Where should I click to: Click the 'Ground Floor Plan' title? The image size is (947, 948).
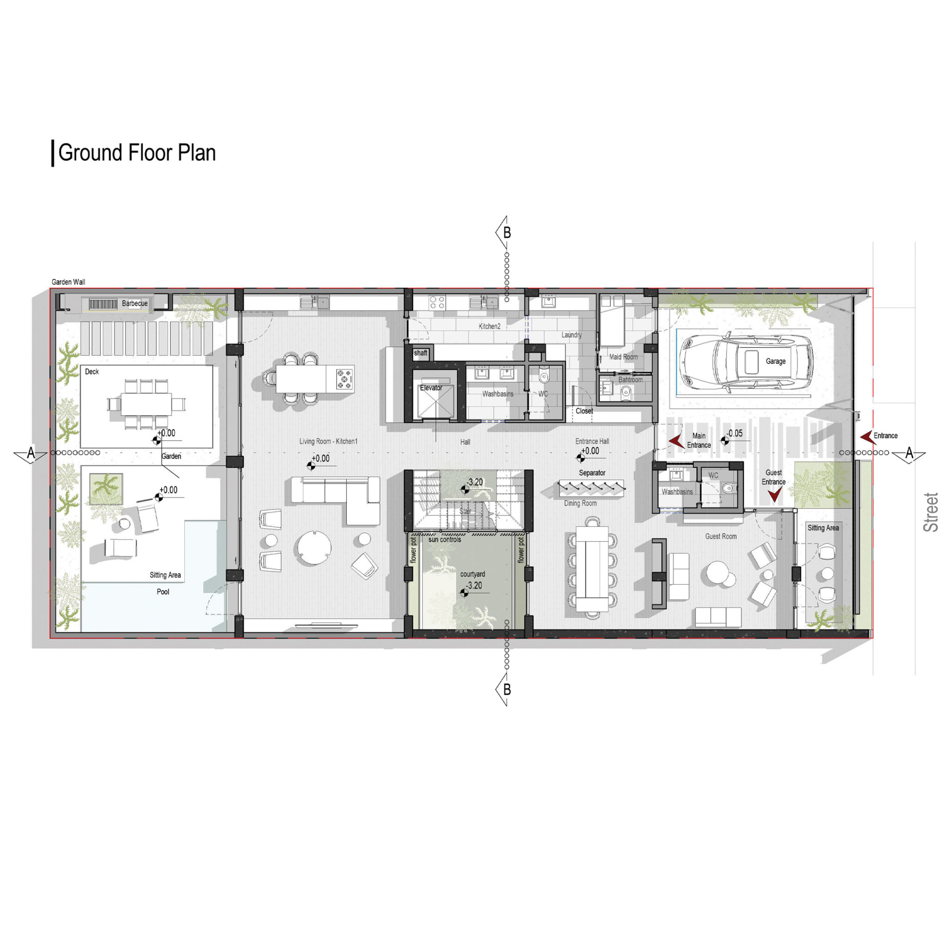(137, 153)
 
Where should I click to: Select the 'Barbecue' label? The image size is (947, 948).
(134, 304)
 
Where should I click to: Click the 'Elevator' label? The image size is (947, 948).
(431, 387)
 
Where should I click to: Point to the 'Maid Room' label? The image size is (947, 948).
(623, 357)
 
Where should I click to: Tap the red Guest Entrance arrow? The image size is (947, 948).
(774, 495)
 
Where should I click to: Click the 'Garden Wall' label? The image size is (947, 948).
(68, 282)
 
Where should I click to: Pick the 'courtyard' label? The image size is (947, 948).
(473, 574)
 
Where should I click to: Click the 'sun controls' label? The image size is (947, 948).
(445, 540)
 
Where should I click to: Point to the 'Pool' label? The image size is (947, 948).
(163, 592)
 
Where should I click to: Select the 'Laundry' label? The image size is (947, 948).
(571, 335)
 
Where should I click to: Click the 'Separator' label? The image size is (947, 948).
(592, 473)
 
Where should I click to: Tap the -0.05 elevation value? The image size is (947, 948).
(735, 434)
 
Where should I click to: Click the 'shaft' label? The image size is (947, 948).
(421, 353)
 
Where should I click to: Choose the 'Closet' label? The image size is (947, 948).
(584, 411)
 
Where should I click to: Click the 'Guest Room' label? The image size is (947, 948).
(721, 536)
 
